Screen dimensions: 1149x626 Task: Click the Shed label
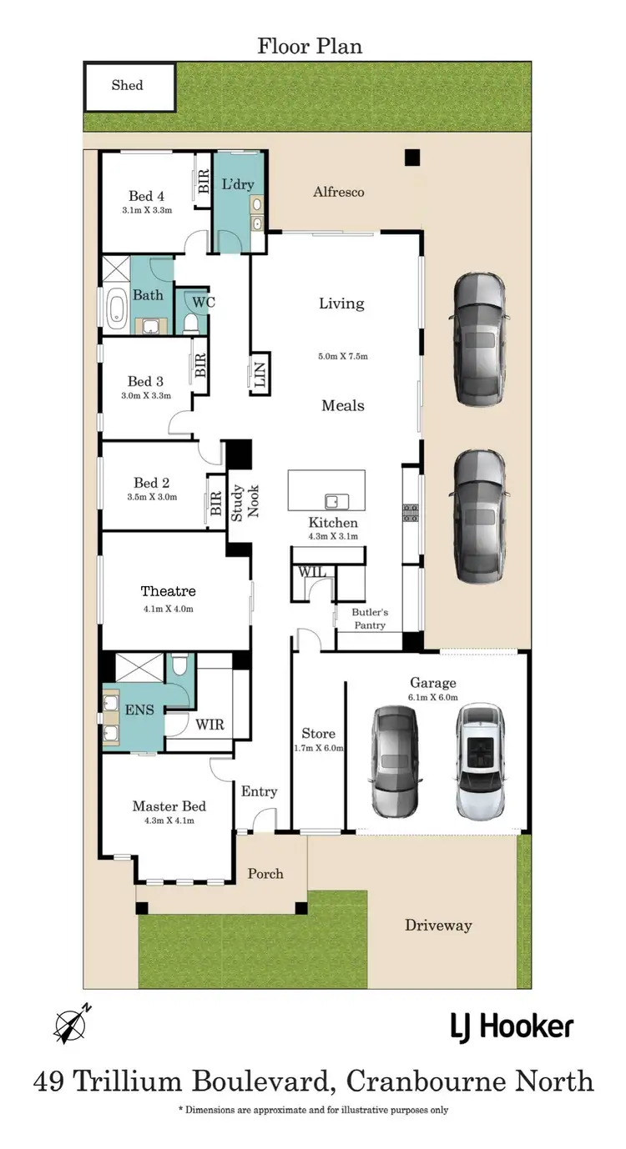pyautogui.click(x=127, y=85)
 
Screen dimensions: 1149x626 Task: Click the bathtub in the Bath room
pyautogui.click(x=114, y=306)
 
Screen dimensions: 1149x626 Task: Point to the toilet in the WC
pyautogui.click(x=191, y=322)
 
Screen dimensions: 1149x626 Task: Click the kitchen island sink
pyautogui.click(x=336, y=501)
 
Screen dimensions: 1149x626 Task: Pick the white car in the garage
pyautogui.click(x=480, y=760)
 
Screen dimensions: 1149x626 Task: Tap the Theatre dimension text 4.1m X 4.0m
pyautogui.click(x=168, y=609)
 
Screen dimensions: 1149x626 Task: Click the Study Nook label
pyautogui.click(x=245, y=501)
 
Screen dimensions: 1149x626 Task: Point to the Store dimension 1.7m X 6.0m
pyautogui.click(x=318, y=748)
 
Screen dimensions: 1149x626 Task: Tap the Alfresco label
pyautogui.click(x=338, y=192)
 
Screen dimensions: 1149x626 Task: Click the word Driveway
pyautogui.click(x=438, y=925)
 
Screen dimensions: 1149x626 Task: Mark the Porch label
pyautogui.click(x=265, y=874)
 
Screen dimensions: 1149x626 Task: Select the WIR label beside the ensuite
pyautogui.click(x=210, y=725)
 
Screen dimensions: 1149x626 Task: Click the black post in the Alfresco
pyautogui.click(x=411, y=157)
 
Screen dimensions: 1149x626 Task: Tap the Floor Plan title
pyautogui.click(x=309, y=45)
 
